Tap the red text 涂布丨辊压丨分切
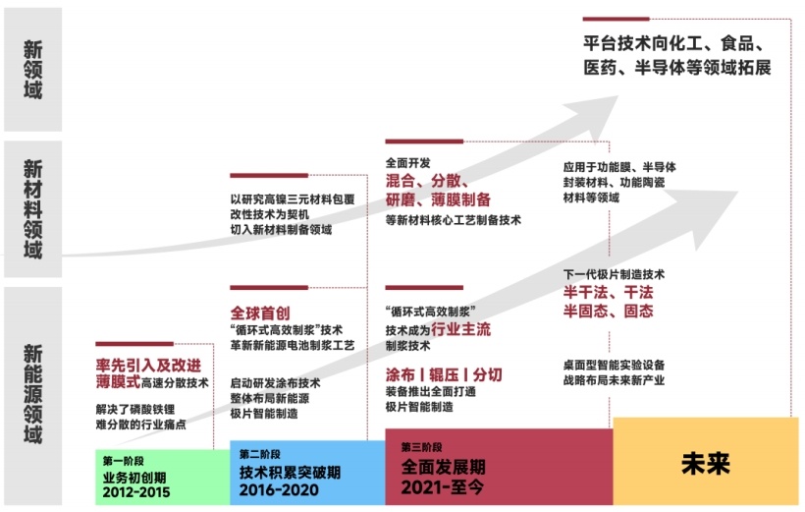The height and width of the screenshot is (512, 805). tap(444, 375)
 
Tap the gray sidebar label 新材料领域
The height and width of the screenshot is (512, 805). tap(33, 208)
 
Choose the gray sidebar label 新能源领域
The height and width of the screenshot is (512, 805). tap(33, 393)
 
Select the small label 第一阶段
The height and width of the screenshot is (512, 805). tap(121, 459)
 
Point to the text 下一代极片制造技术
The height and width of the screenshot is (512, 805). tap(614, 273)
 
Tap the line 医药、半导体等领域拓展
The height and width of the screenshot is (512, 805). tap(677, 69)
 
